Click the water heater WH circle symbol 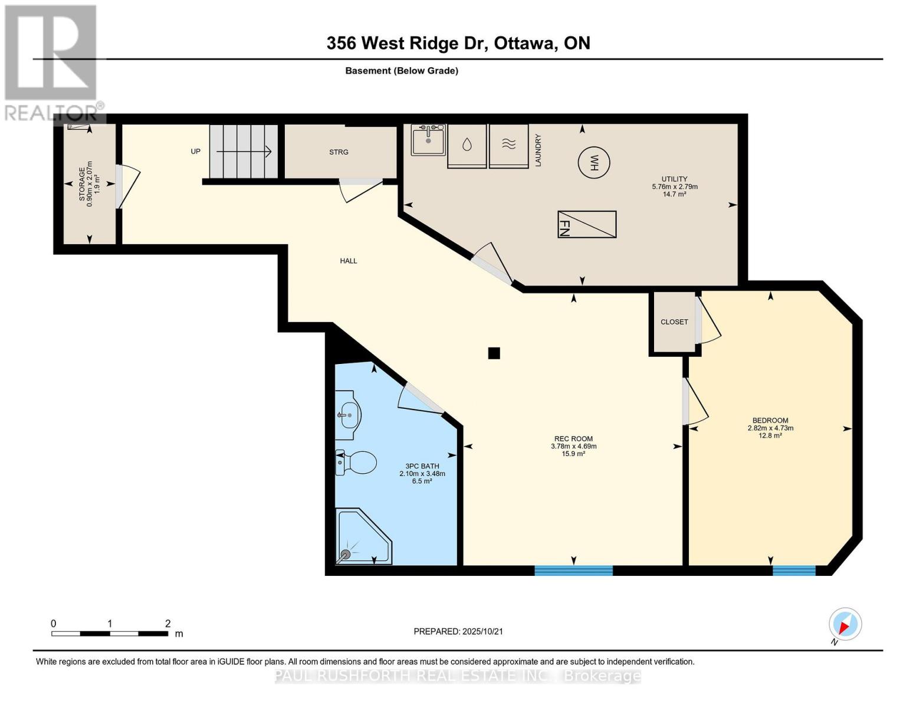click(x=593, y=162)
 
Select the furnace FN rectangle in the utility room click(x=587, y=224)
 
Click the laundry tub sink click(x=428, y=140)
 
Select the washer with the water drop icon click(x=467, y=145)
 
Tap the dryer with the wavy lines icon click(x=508, y=145)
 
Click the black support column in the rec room click(x=494, y=353)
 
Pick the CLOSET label click(x=674, y=322)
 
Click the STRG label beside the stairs click(x=339, y=152)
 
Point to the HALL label click(x=348, y=261)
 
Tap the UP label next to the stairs click(x=195, y=152)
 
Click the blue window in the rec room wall click(x=573, y=571)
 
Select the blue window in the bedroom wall click(x=794, y=571)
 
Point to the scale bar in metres click(x=110, y=634)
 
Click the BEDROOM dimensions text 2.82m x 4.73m click(x=770, y=428)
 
